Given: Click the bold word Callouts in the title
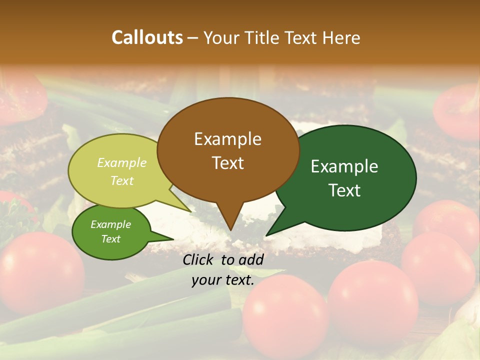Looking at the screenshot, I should coord(147,37).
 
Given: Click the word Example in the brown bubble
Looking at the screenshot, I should coord(227,139).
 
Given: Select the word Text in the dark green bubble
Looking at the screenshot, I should coord(345,190).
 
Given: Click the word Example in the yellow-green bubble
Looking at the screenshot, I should coord(122,162).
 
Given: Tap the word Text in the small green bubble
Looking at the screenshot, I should coord(111,239).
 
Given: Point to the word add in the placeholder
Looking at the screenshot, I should coord(250,259).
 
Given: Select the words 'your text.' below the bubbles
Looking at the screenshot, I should coord(223,280).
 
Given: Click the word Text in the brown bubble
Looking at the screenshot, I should coord(228,163).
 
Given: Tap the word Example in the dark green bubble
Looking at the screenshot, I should coord(344,166).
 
